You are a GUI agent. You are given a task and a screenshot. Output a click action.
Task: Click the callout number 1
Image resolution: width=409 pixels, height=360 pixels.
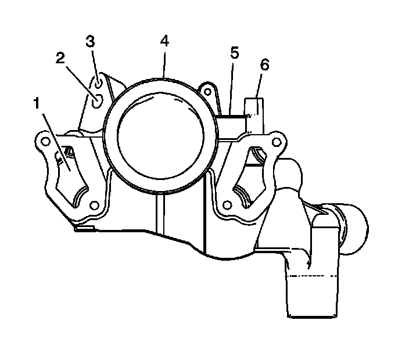pyautogui.click(x=36, y=105)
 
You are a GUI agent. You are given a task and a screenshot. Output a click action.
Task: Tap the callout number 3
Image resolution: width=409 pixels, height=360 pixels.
pyautogui.click(x=89, y=42)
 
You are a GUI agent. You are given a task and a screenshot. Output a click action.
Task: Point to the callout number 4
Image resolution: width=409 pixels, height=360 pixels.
pyautogui.click(x=164, y=42)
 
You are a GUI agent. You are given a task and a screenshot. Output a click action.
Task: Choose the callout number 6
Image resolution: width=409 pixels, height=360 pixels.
pyautogui.click(x=264, y=64)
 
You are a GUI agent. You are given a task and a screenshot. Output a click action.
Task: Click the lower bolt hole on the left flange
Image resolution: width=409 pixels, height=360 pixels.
pyautogui.click(x=92, y=204)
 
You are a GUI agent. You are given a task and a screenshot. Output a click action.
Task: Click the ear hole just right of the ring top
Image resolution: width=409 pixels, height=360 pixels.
pyautogui.click(x=205, y=90)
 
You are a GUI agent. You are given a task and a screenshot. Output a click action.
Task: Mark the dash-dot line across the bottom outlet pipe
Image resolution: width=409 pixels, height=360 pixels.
pyautogui.click(x=312, y=277)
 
